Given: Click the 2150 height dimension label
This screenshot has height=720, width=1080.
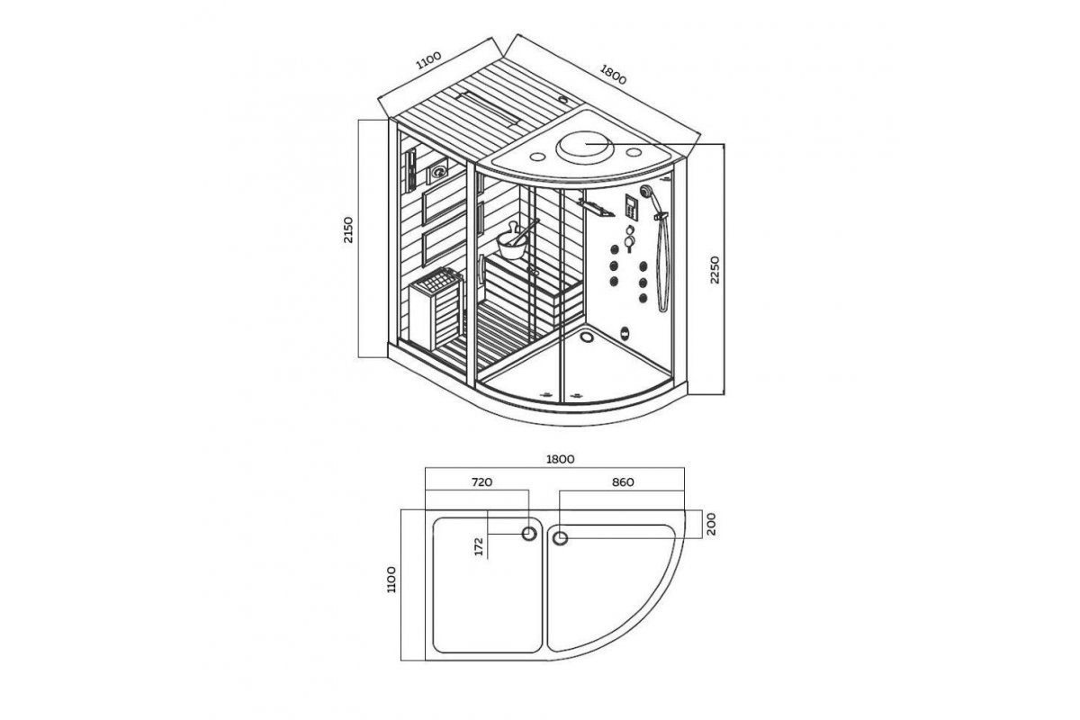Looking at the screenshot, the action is point(348,230).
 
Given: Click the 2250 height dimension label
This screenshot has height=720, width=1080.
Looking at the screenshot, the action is point(715,270).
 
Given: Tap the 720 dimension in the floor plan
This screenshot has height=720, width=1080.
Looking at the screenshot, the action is point(481,482).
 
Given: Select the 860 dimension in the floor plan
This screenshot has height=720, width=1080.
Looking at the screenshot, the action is point(623,482).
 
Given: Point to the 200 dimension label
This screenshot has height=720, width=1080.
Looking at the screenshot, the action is point(711,524).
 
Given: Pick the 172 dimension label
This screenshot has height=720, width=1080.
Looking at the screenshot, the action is point(479,547).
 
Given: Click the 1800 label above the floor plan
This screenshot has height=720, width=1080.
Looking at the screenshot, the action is point(560,459).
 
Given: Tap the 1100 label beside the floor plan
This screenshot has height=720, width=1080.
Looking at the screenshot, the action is point(391,580).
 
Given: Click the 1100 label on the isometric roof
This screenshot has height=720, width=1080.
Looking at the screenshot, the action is point(428,60).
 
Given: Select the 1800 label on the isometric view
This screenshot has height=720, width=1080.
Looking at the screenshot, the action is point(613,74).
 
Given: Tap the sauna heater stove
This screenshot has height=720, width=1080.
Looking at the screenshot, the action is point(436,309).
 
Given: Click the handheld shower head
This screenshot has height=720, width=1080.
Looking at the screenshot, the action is point(646,192).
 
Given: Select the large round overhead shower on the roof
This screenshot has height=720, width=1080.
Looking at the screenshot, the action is point(585,147).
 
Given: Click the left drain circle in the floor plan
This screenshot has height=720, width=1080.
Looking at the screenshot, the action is point(529,534).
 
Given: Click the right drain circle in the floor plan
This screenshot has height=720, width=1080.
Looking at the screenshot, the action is point(560,537).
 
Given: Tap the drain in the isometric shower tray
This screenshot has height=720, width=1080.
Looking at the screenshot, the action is point(588,335).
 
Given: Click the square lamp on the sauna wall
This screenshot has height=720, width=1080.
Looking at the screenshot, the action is point(437,172).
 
